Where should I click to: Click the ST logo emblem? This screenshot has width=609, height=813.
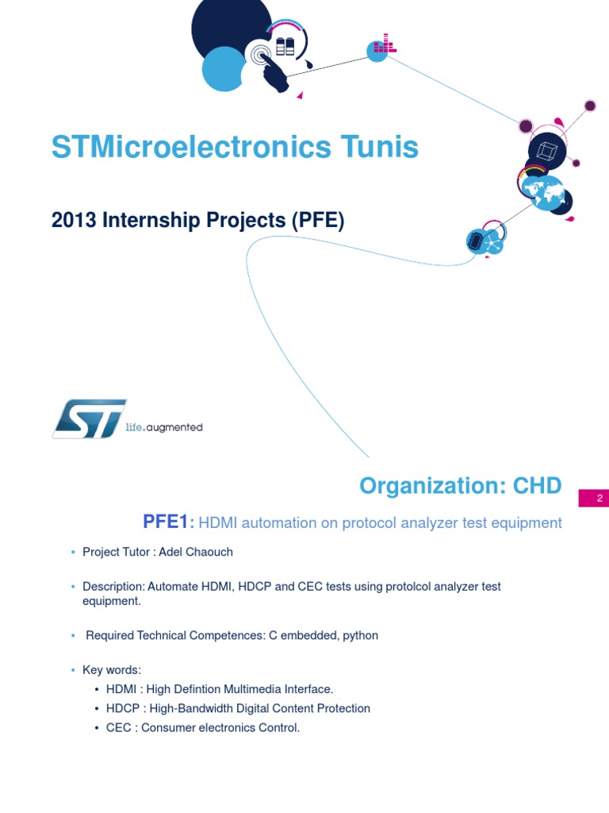coord(89,418)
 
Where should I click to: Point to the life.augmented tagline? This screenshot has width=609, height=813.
coord(164,427)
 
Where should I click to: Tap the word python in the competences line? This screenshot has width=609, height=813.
coord(361,635)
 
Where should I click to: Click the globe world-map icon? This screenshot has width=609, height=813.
coord(542,191)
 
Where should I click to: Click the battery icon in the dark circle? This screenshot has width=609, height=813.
coord(285,46)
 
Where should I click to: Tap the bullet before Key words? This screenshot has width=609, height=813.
coord(74,670)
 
